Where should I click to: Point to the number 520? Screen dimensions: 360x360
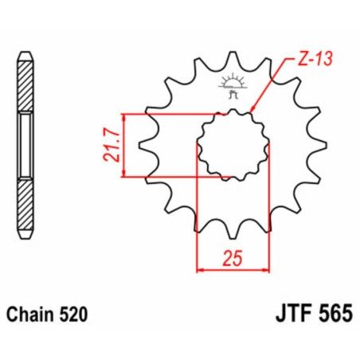tap(79, 315)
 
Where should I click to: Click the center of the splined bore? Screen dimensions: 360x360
tap(233, 144)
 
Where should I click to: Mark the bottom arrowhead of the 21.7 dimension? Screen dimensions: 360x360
tap(125, 173)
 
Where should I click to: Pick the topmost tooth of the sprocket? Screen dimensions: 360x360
tap(233, 58)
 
